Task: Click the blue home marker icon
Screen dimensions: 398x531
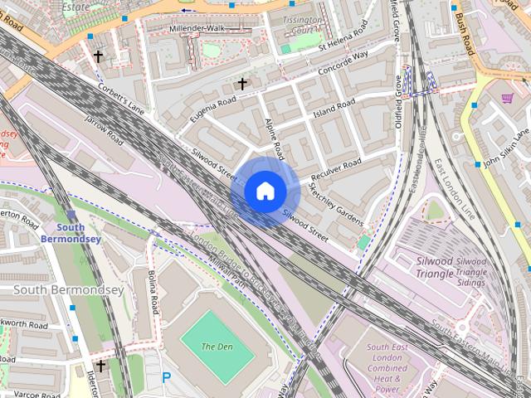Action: click(x=265, y=192)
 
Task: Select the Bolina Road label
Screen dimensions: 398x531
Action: click(x=153, y=292)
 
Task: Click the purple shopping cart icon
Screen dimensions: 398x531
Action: click(x=507, y=99)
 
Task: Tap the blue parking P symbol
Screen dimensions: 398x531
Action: click(x=167, y=377)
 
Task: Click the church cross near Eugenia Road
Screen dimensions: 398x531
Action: click(x=242, y=84)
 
